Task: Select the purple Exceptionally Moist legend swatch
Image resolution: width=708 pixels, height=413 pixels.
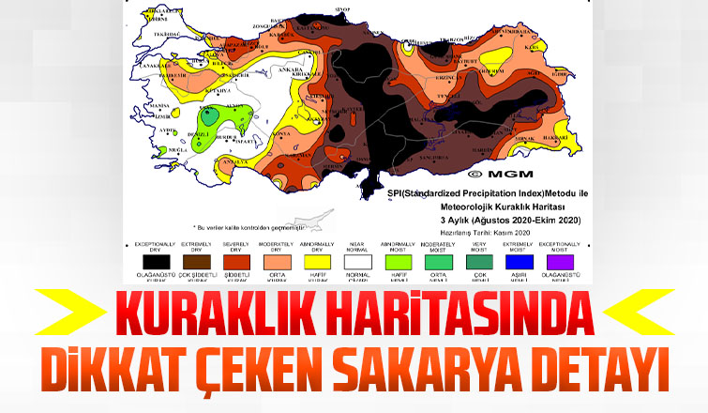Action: click(559, 262)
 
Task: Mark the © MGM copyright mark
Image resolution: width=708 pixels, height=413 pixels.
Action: click(494, 175)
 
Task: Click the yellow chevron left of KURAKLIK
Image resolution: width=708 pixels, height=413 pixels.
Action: click(66, 311)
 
